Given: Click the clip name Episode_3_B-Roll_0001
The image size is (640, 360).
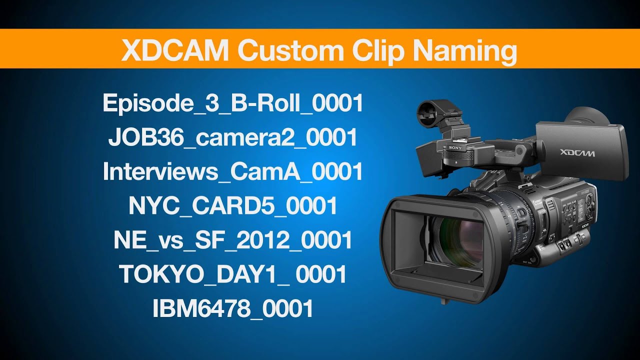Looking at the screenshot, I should click(x=232, y=103).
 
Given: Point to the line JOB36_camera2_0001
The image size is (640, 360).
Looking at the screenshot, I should click(x=232, y=137).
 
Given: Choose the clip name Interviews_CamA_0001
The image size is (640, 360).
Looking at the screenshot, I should click(x=232, y=172).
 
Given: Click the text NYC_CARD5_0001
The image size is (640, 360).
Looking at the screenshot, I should click(x=232, y=206).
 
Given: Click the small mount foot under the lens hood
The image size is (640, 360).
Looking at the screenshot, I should click(x=443, y=301).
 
